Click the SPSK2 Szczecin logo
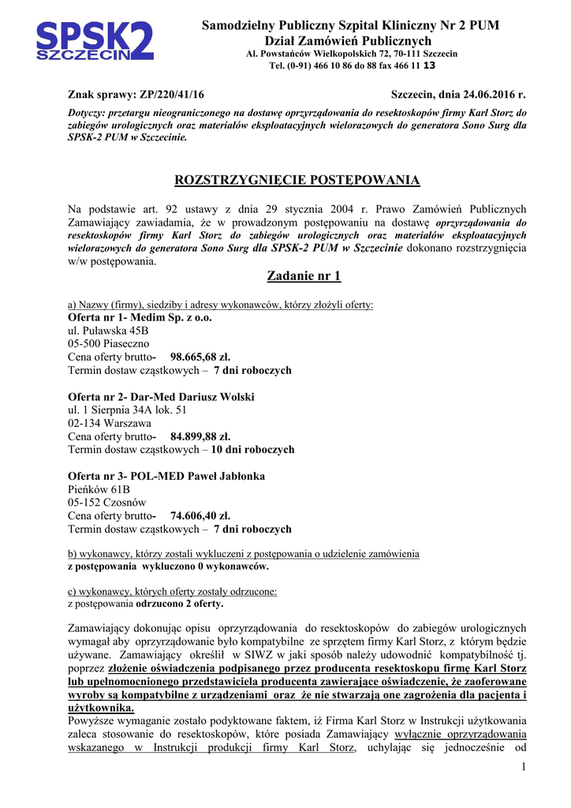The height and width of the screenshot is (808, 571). [x=95, y=41]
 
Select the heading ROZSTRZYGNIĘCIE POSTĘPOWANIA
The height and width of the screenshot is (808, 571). [x=297, y=180]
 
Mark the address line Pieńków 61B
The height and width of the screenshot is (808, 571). [x=100, y=489]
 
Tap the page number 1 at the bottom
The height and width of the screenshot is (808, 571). [x=523, y=768]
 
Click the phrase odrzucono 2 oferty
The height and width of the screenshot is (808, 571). [x=179, y=604]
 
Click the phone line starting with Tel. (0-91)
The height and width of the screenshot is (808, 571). [x=351, y=65]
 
